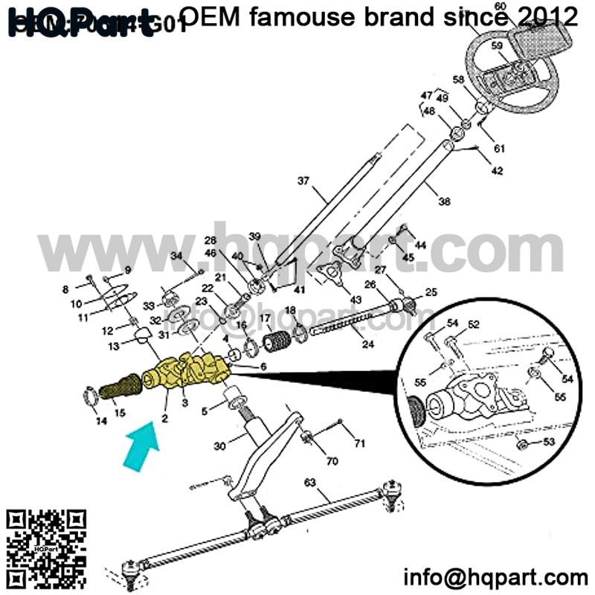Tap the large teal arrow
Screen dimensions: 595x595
tap(144, 446)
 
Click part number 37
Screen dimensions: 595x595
tap(303, 181)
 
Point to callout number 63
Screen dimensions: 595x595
tap(310, 482)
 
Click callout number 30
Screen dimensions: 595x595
tap(218, 446)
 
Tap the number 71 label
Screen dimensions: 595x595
tap(359, 444)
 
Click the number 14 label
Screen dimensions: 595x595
tap(101, 421)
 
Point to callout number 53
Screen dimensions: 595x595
tap(549, 443)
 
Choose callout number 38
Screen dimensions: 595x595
tap(445, 201)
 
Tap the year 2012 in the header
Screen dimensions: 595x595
tap(547, 16)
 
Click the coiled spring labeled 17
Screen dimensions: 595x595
tap(276, 344)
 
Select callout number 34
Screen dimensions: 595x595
tap(176, 257)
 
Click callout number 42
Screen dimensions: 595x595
tap(497, 171)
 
